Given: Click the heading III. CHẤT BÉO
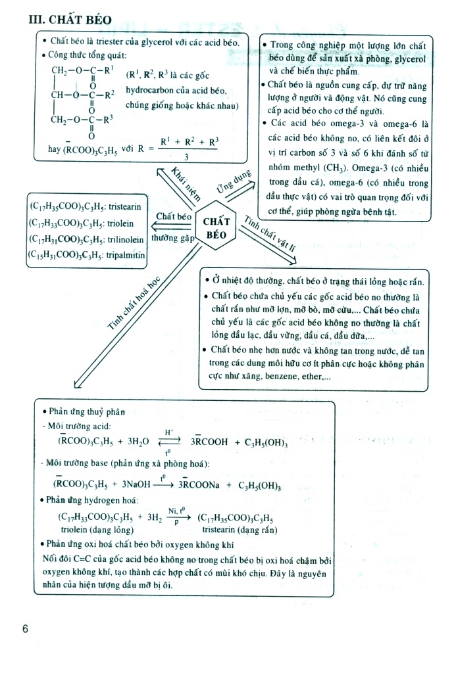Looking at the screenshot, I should pos(74,19).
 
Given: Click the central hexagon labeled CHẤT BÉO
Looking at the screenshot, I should pos(216,227).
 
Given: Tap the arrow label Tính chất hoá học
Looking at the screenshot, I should pos(134,302).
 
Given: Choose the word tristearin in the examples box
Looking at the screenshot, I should pos(123,206).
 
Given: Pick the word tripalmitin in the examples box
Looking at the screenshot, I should pos(123,256).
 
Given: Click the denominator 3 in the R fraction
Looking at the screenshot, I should pos(188,157).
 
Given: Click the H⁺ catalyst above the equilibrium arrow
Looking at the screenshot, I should pos(169,432).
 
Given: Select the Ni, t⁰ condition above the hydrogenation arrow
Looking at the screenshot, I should pos(175,510).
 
